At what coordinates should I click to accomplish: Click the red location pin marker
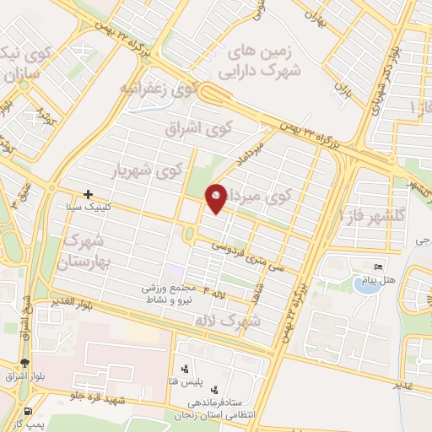click(217, 197)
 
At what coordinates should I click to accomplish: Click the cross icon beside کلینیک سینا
click(88, 194)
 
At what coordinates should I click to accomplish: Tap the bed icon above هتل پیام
click(376, 267)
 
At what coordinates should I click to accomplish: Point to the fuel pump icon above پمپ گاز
click(31, 413)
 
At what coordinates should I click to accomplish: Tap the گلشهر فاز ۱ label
click(374, 215)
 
